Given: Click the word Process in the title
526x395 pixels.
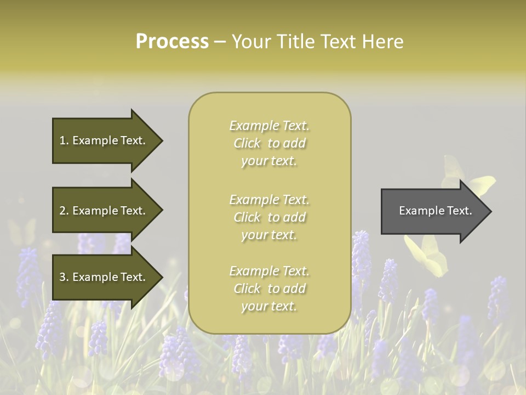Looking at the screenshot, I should tap(172, 42).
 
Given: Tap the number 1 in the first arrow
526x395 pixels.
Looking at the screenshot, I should tap(62, 141).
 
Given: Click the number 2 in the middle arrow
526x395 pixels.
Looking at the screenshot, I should tap(62, 211).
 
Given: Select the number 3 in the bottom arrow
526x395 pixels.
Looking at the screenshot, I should tap(62, 278).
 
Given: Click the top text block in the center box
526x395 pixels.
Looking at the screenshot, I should tap(269, 143).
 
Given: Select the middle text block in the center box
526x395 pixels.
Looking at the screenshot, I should tap(269, 217).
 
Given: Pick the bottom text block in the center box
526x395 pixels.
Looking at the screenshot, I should tap(269, 289).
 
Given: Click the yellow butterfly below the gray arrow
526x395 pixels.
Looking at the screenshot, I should tap(426, 256).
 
